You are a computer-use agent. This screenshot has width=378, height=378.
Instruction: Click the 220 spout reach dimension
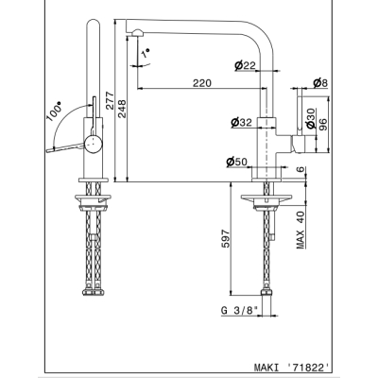click(202, 83)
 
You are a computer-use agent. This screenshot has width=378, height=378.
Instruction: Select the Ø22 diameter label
click(245, 65)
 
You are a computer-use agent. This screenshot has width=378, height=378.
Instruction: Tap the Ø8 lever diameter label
click(320, 83)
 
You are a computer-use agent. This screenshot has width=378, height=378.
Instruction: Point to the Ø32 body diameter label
click(241, 122)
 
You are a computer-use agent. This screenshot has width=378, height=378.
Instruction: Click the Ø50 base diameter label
click(236, 162)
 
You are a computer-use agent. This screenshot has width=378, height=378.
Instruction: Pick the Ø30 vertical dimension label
click(311, 118)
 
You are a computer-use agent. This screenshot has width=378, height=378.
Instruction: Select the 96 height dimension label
click(323, 125)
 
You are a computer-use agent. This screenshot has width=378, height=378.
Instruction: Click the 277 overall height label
click(110, 100)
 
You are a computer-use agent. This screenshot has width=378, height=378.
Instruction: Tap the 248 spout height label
click(122, 109)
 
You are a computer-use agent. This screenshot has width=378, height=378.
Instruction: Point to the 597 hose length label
click(226, 238)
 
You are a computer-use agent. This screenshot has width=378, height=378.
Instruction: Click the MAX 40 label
click(301, 230)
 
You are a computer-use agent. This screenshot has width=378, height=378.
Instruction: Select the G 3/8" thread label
click(240, 310)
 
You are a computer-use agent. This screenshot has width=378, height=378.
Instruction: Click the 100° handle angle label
click(54, 112)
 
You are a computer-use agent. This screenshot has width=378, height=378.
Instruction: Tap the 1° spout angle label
click(146, 53)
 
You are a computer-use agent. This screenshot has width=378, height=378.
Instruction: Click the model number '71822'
click(309, 367)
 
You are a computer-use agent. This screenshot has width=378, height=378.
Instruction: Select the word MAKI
click(266, 368)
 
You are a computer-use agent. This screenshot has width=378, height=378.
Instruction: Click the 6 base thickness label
click(301, 169)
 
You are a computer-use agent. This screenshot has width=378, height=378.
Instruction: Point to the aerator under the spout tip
click(138, 33)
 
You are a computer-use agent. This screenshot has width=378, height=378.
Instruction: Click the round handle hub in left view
click(94, 144)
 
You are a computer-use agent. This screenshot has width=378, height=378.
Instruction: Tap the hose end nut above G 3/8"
click(266, 293)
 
